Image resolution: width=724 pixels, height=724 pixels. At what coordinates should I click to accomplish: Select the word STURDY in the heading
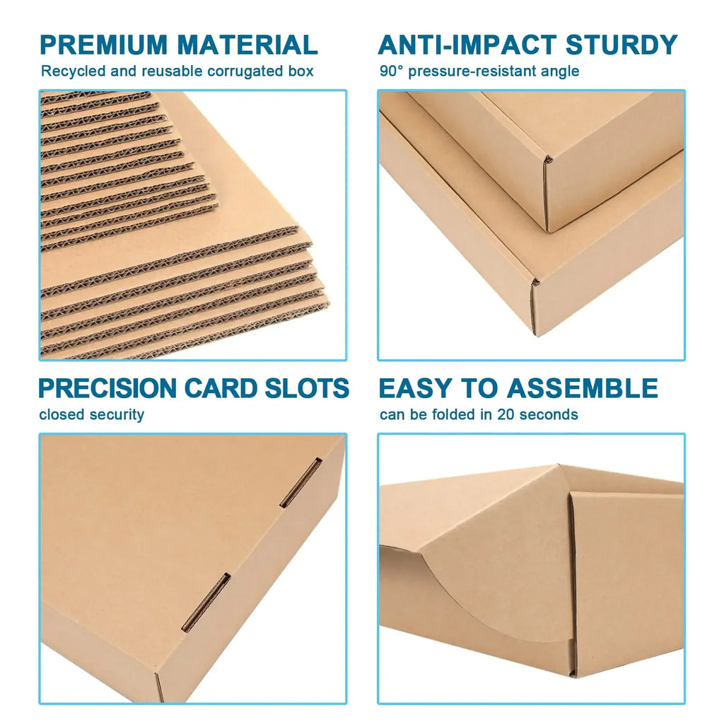tap(621, 45)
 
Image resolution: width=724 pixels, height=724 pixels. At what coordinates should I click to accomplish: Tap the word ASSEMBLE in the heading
tap(583, 388)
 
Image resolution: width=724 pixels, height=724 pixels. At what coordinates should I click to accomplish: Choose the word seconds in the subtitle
tap(548, 414)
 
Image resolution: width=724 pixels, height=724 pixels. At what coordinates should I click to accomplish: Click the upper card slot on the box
tap(300, 483)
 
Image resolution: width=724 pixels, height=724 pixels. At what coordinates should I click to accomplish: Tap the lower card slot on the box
tap(206, 602)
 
